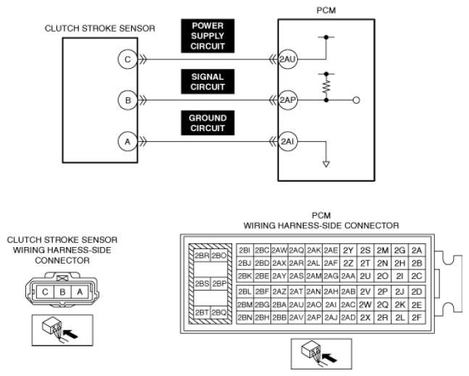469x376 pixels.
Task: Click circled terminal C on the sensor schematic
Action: pos(128,59)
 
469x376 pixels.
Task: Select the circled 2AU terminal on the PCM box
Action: pos(288,59)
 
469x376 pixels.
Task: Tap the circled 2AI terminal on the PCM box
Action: pos(288,141)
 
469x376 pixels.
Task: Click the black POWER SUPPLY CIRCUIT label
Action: pos(207,36)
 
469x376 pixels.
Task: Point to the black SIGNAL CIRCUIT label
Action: pos(207,82)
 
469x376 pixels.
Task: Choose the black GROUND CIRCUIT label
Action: pos(207,123)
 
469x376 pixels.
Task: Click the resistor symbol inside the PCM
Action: pos(326,87)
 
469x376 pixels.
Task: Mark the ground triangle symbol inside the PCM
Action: pos(326,164)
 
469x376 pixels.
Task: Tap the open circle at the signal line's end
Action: pos(356,100)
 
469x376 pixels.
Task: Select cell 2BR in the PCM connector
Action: pos(202,256)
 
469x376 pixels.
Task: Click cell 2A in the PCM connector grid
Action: pos(417,250)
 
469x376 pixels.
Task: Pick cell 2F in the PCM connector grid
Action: pos(417,317)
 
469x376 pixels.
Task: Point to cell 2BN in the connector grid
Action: pos(245,317)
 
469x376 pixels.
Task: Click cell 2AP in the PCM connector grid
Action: pos(314,317)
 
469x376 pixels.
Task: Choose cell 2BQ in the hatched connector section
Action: pos(219,313)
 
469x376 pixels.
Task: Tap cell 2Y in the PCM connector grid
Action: pos(348,250)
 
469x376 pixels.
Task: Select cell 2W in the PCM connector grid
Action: pos(365,304)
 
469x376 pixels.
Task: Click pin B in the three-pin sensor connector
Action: pos(62,292)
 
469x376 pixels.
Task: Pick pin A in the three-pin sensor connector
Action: pos(80,292)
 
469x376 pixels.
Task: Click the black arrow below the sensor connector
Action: pos(71,334)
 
